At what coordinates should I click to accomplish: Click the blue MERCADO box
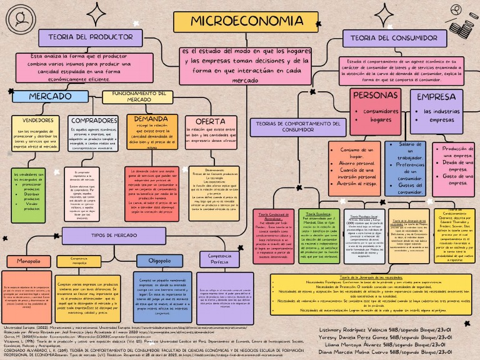[x=50, y=97]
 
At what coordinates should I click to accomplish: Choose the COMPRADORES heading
[x=94, y=120]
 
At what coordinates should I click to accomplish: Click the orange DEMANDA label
[x=147, y=118]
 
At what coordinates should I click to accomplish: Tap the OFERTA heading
[x=206, y=121]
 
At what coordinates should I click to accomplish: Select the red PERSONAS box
[x=375, y=96]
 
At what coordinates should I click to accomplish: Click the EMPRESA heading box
[x=436, y=97]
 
